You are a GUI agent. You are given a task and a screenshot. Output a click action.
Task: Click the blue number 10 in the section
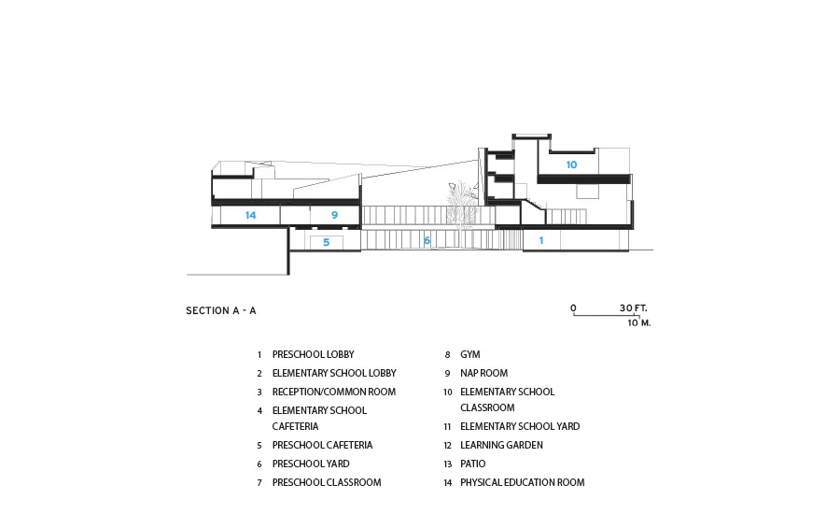coord(571,164)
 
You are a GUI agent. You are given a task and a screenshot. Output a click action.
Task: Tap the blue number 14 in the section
coord(251,215)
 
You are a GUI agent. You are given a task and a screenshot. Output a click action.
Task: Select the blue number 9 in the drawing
coord(334,215)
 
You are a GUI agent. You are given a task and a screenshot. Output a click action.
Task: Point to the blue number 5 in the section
coord(327,242)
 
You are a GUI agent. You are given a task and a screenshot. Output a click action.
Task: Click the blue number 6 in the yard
coord(427,240)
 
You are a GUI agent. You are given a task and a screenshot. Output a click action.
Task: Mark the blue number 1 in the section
coord(541,240)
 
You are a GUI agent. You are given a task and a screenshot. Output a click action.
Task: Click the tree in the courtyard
coord(462,204)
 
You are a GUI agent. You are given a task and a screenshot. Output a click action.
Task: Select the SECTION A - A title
coord(220,310)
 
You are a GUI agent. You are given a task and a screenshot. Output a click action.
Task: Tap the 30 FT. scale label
coord(634,308)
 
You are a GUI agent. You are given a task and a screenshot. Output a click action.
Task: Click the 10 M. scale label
coord(639,323)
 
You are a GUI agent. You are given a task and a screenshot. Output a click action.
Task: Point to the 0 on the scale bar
coord(573,308)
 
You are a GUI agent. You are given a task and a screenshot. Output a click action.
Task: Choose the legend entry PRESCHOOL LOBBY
coord(314,354)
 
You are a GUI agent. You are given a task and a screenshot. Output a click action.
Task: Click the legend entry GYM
coord(470,354)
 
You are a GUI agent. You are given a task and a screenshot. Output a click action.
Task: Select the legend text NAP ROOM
coord(483,374)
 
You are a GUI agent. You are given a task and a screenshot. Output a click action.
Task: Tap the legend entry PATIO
coord(473,464)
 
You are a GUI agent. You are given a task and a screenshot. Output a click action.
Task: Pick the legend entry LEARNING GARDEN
coord(501,446)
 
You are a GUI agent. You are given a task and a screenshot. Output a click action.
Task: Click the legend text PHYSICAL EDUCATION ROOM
coord(523,483)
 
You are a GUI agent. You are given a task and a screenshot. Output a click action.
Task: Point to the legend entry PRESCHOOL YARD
coord(311,464)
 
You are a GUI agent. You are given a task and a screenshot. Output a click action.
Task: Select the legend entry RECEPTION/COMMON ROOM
coord(334,393)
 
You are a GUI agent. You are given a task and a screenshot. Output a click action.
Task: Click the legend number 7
coord(259,483)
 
